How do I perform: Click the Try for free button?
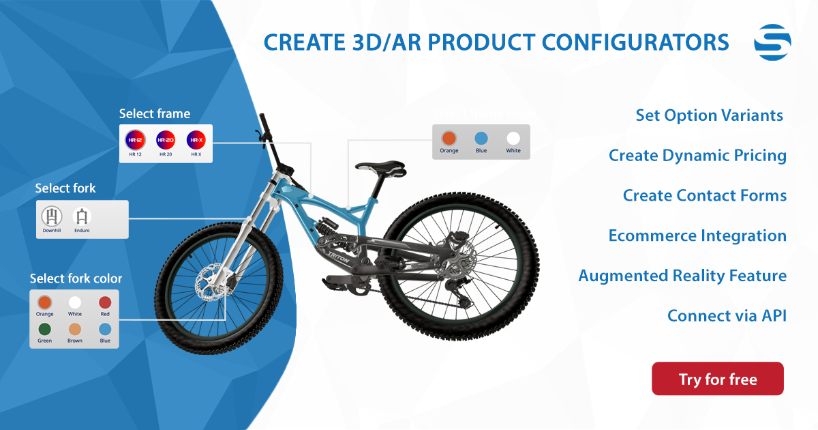pyautogui.click(x=717, y=379)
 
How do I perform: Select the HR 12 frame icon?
pyautogui.click(x=134, y=141)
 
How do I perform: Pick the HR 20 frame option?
pyautogui.click(x=166, y=141)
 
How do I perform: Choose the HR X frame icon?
pyautogui.click(x=196, y=141)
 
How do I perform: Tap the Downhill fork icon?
pyautogui.click(x=51, y=216)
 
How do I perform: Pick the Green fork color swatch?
pyautogui.click(x=45, y=329)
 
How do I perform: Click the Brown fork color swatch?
pyautogui.click(x=75, y=329)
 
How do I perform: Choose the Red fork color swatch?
pyautogui.click(x=105, y=302)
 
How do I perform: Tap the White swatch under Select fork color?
pyautogui.click(x=75, y=302)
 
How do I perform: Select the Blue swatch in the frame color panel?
pyautogui.click(x=481, y=138)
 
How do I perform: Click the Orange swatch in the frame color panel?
pyautogui.click(x=449, y=138)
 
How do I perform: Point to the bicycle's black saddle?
pyautogui.click(x=380, y=167)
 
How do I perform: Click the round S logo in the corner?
pyautogui.click(x=772, y=42)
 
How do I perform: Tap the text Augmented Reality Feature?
pyautogui.click(x=682, y=276)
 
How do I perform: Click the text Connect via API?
pyautogui.click(x=727, y=316)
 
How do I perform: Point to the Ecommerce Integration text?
pyautogui.click(x=697, y=235)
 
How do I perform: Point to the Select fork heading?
pyautogui.click(x=65, y=188)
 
